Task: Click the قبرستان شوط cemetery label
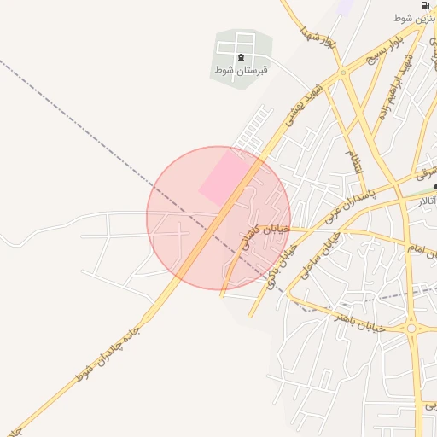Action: click(242, 70)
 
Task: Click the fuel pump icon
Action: click(425, 5)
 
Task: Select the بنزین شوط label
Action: click(415, 18)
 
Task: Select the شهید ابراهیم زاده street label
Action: click(395, 87)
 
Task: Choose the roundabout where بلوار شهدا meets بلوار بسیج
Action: click(344, 72)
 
